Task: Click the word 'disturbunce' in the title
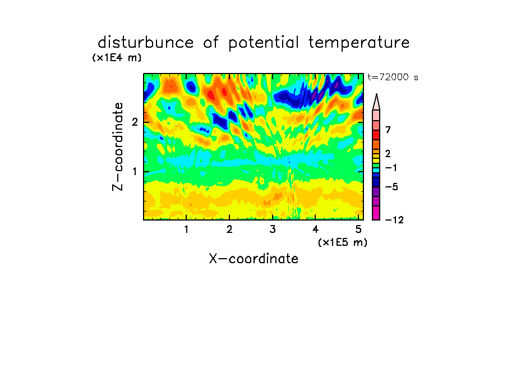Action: coord(145,43)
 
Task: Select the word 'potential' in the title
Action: coord(263,43)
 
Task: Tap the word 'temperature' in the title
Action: coord(358,43)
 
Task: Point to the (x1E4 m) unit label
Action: coord(117,58)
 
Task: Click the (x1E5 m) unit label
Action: coord(343,242)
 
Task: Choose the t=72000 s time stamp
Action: coord(393,77)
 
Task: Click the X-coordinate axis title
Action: coord(253,259)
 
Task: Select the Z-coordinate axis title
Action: coord(118,146)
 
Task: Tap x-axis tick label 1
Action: coord(186,229)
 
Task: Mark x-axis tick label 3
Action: coord(272,229)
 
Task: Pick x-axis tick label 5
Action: coord(358,229)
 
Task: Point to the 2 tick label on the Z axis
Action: coord(135,122)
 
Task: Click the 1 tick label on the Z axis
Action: coord(135,171)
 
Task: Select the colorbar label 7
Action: coord(388,130)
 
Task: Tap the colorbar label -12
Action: coord(394,220)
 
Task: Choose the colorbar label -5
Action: coord(391,187)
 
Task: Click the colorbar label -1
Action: coord(391,168)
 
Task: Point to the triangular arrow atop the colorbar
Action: coord(376,102)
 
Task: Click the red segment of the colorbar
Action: coord(376,135)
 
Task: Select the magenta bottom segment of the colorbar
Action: coord(376,213)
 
